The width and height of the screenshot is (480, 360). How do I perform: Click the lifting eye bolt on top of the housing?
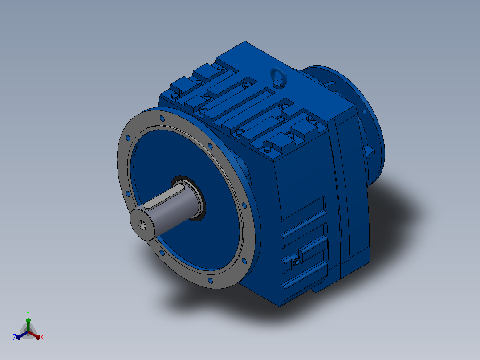coord(279,77)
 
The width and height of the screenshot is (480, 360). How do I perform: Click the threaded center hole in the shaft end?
coord(142,225)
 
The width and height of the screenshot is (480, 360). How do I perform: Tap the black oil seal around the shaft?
coord(189,198)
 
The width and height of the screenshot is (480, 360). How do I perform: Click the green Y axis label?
coord(28,313)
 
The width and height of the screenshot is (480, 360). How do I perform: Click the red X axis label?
coord(42,337)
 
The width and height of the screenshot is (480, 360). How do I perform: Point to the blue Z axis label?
coord(15,337)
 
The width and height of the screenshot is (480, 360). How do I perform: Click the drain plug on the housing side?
coord(297,261)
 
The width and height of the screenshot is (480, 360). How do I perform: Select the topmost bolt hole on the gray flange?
coord(162,119)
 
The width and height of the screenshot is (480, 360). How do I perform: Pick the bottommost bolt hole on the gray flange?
coord(210,281)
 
